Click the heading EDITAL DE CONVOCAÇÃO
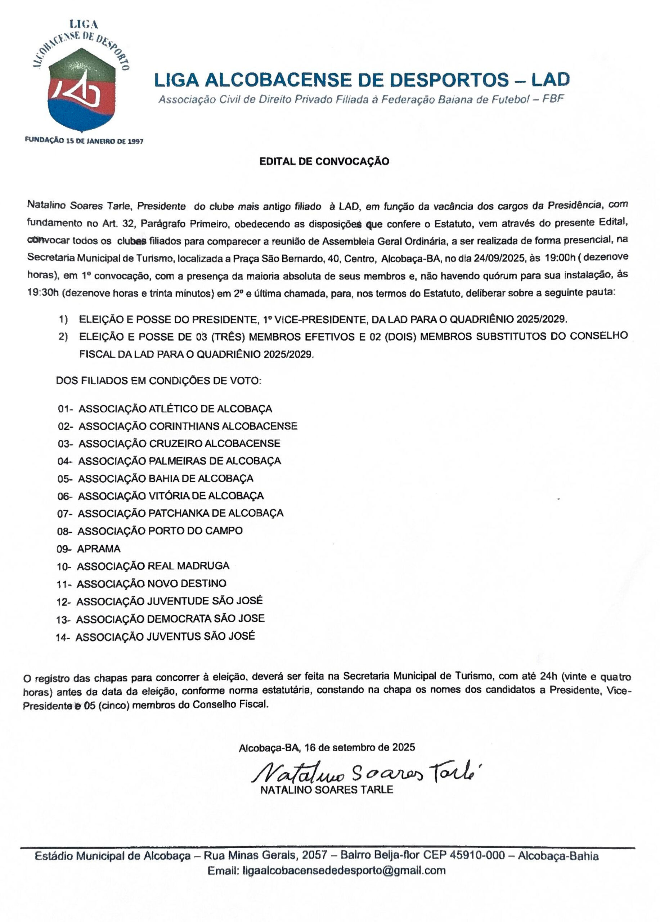[x=324, y=161]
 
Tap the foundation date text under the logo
[x=84, y=141]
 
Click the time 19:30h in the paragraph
[x=43, y=293]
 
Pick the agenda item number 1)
[x=63, y=319]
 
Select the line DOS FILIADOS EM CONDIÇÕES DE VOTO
[x=158, y=381]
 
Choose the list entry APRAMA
[x=99, y=549]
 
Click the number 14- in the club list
[x=63, y=637]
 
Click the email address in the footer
[x=344, y=870]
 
